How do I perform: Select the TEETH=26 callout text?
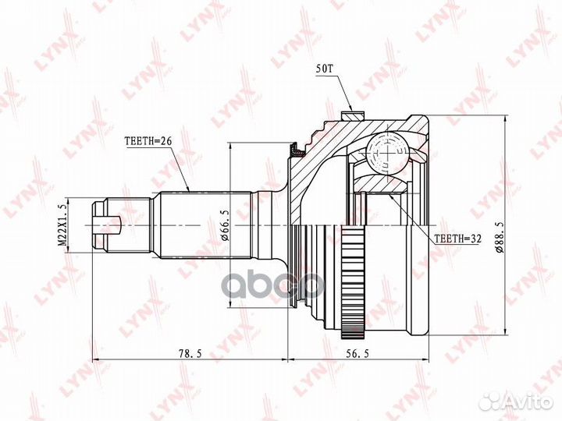pyautogui.click(x=148, y=141)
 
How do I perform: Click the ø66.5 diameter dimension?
pyautogui.click(x=224, y=225)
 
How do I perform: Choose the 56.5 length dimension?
pyautogui.click(x=357, y=353)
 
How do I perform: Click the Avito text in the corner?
pyautogui.click(x=528, y=401)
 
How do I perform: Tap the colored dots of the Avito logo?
pyautogui.click(x=491, y=401)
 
